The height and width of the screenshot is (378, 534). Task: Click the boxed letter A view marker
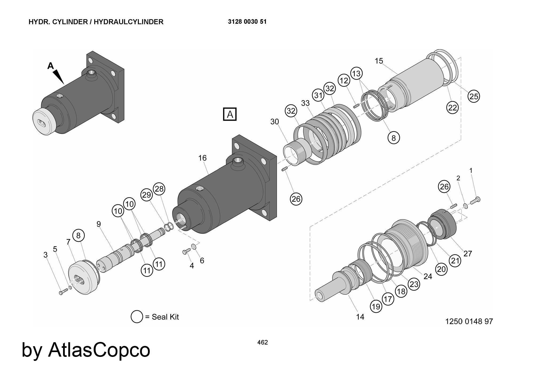[x=230, y=114]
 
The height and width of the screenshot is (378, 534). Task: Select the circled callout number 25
[x=474, y=96]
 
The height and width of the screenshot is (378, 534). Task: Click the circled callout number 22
[x=452, y=108]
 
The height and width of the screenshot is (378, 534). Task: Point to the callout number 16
[x=202, y=158]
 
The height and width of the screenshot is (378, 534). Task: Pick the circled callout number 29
[x=147, y=195]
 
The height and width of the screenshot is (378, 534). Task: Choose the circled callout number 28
[x=159, y=189]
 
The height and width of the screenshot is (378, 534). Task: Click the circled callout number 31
[x=318, y=95]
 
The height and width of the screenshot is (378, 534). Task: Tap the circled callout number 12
[x=344, y=80]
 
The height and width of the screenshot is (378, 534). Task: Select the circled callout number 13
[x=356, y=73]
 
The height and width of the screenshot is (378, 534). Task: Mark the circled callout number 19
[x=376, y=306]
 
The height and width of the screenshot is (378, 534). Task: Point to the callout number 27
[x=468, y=253]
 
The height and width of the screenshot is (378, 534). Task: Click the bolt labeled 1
[x=475, y=200]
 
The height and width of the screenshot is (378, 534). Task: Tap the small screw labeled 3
[x=61, y=293]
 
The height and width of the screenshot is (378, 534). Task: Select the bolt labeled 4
[x=186, y=251]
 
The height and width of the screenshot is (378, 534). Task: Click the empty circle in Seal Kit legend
[x=137, y=317]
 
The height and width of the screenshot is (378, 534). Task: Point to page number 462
[x=262, y=342]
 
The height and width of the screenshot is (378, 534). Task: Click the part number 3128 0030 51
[x=247, y=22]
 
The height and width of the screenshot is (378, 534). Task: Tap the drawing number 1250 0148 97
[x=469, y=321]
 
